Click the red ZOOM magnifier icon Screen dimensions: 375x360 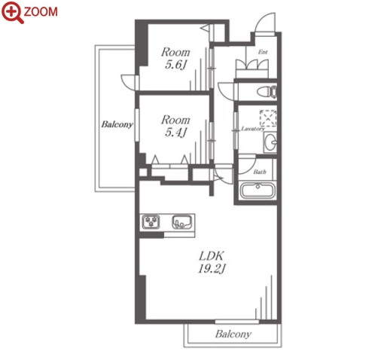coord(13,12)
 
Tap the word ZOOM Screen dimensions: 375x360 coord(41,12)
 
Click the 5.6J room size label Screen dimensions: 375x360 coord(175,65)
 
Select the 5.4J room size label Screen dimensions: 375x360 coord(175,133)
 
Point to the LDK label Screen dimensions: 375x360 coord(211,256)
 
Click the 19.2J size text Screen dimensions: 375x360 coord(212,269)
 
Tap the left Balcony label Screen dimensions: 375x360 coord(117,124)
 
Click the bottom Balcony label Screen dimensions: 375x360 coord(233,334)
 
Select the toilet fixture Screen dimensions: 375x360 coord(267,92)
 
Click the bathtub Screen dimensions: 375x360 coord(258,191)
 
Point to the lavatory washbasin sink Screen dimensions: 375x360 coord(270,142)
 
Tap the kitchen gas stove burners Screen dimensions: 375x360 coord(151,222)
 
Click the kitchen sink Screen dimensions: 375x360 coord(182,221)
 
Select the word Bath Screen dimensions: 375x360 coord(260,172)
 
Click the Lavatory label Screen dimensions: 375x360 coord(252,129)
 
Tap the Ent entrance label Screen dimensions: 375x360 coord(263,52)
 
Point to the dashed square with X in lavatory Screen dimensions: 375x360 coord(268,118)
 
